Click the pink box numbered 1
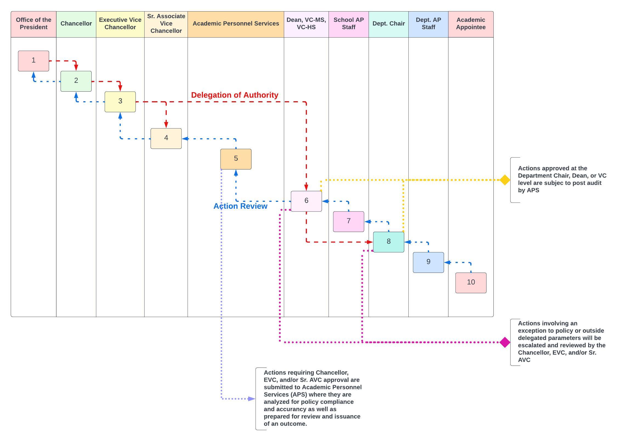pos(33,61)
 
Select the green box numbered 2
pos(76,81)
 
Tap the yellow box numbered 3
pos(120,101)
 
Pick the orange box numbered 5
pos(236,159)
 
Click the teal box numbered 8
pos(388,242)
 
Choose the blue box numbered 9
pos(428,262)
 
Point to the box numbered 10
pos(471,282)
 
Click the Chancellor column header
pos(76,24)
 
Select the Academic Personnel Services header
pos(236,24)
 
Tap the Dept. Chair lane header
pos(388,24)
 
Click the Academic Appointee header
pos(471,24)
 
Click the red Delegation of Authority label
pos(234,95)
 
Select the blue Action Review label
pos(240,206)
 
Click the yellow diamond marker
pos(505,180)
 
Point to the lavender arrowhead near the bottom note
pos(251,398)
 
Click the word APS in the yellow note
pos(533,190)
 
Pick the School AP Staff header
pos(348,24)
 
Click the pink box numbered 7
pos(348,221)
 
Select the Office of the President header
pos(33,24)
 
